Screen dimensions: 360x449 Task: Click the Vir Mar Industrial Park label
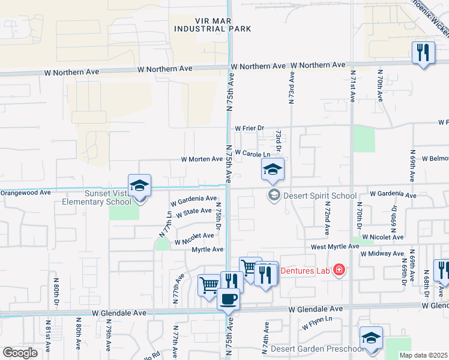click(212, 23)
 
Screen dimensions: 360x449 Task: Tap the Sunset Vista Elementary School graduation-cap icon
click(139, 186)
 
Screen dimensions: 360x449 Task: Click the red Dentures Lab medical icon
click(339, 271)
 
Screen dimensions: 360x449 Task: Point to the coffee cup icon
click(228, 299)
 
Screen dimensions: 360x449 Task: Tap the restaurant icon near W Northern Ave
click(423, 53)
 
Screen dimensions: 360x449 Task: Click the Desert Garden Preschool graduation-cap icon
click(371, 338)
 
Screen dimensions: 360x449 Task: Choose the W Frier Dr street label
click(250, 128)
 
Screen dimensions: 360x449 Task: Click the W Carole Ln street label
click(252, 154)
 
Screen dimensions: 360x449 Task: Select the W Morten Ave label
click(202, 160)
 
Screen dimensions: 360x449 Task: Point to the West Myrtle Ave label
click(334, 247)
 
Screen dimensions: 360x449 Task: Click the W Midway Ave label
click(382, 254)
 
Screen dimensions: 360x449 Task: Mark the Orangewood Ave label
click(25, 193)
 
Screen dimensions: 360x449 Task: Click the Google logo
click(20, 352)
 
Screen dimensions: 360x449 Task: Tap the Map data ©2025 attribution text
click(424, 356)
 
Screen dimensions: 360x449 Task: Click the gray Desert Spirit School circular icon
click(274, 194)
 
